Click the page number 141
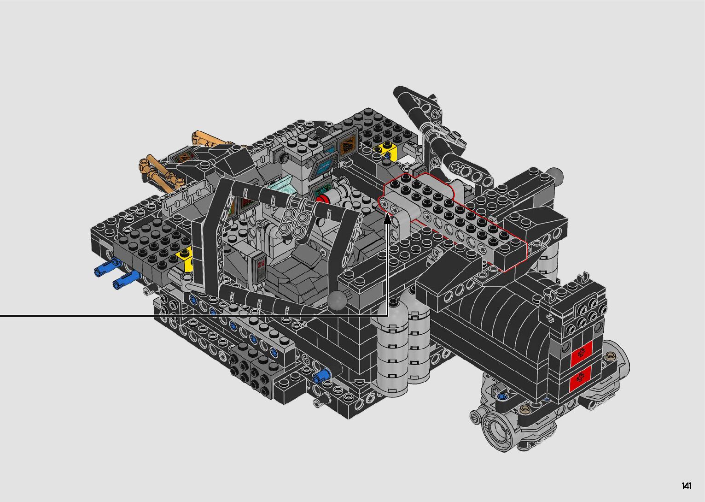point(687,485)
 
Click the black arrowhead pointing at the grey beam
point(388,219)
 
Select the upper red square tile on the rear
point(582,353)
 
